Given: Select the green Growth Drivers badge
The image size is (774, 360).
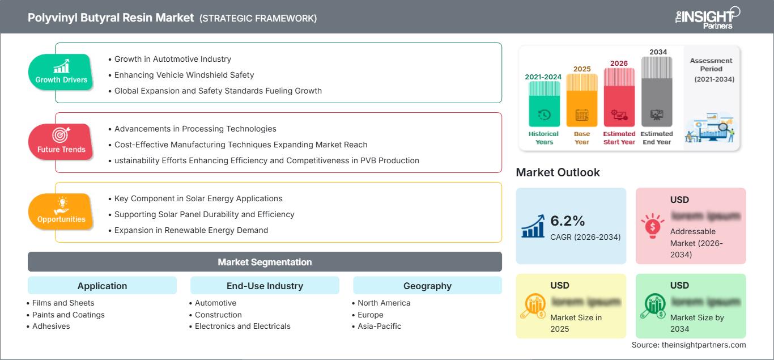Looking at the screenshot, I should pos(61,73).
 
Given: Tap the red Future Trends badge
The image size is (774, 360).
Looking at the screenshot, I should pos(61,142).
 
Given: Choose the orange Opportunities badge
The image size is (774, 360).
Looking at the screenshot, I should pos(61,211).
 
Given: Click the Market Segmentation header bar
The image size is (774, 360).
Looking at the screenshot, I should pos(265,262).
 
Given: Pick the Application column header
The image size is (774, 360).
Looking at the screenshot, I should pos(102,286).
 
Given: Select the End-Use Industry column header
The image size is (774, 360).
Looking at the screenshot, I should pos(265,286).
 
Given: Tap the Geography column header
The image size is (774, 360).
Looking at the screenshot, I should pos(427,286).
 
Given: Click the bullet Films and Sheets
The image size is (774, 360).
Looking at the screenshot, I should pos(63,303).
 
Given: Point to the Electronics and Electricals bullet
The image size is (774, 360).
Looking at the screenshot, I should pos(243,326).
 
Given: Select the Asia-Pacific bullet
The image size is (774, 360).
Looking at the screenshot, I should pos(379,326).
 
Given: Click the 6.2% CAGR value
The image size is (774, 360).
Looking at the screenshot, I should pos(568,221).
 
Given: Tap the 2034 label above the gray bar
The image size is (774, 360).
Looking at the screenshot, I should pos(658,52).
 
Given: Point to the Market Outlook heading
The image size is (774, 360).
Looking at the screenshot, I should pos(558,172).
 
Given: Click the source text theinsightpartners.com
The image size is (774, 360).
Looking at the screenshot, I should pos(688,345).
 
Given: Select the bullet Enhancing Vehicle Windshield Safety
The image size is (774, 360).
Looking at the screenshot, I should pos(184,75).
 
